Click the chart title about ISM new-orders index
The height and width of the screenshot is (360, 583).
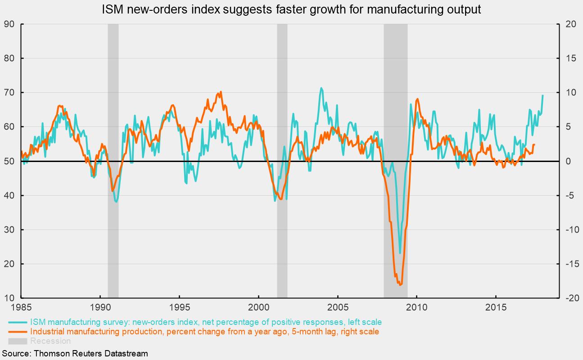click(x=291, y=9)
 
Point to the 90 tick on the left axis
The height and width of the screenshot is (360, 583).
click(x=9, y=24)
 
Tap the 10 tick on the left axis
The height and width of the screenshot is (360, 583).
click(x=9, y=298)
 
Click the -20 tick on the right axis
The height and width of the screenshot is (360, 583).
click(x=569, y=298)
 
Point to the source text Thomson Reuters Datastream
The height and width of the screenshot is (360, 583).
click(x=74, y=353)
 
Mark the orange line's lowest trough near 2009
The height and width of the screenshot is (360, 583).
click(x=400, y=284)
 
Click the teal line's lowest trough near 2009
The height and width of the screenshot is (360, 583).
click(x=400, y=253)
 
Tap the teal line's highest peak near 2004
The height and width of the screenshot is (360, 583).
click(x=321, y=88)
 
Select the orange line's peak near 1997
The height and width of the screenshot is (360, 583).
click(x=220, y=92)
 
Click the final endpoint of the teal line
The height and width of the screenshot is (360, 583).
click(x=542, y=95)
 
